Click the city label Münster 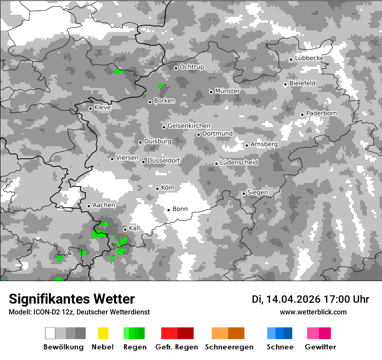[x=227, y=91]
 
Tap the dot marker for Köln [x=157, y=188]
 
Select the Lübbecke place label [x=309, y=58]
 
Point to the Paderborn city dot [x=302, y=115]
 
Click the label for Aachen [x=104, y=205]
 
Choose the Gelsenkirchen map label [x=189, y=126]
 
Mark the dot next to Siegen [x=244, y=193]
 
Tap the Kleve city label [x=102, y=107]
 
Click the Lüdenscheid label [x=239, y=163]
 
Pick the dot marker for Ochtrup [x=176, y=68]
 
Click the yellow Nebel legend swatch [x=103, y=333]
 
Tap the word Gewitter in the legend [x=320, y=347]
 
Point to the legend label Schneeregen [x=229, y=347]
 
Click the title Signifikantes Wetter [x=72, y=299]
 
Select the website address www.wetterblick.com [x=313, y=312]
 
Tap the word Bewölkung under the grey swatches [x=63, y=347]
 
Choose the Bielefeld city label [x=302, y=83]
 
